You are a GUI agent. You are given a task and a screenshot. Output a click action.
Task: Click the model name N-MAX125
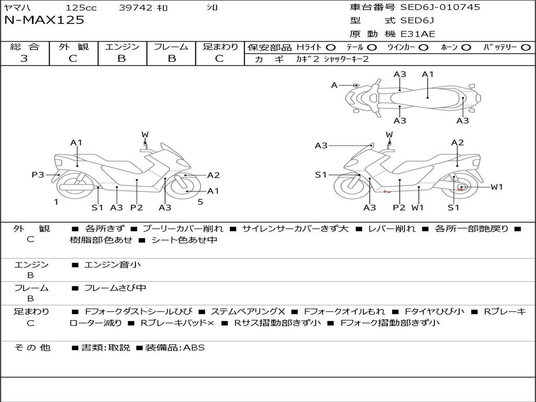point(44,20)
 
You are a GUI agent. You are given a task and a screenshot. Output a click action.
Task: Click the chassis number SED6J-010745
point(440,7)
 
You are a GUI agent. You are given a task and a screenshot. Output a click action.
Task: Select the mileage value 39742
point(136,8)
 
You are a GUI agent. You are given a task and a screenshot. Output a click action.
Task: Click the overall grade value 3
point(24,59)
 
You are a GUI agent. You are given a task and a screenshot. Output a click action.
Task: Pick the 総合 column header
point(25,47)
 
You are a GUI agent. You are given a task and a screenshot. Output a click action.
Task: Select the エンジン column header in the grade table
point(122,47)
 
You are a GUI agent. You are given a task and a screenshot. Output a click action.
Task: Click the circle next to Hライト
point(331,47)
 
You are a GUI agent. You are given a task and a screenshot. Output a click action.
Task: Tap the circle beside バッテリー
point(526,47)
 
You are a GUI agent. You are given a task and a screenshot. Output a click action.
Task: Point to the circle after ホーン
point(466,47)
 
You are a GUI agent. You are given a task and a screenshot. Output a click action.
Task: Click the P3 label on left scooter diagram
point(38,175)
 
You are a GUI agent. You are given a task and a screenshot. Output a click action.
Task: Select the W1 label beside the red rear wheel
point(496,187)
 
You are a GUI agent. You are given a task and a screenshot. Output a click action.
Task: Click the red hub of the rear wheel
point(461,187)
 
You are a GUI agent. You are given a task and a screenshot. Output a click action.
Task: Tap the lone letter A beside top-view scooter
point(334,85)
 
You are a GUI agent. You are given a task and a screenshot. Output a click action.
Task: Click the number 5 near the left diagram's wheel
point(200,202)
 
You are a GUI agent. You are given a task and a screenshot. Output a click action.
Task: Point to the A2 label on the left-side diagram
point(213,175)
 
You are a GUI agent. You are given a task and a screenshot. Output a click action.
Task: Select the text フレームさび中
point(115,288)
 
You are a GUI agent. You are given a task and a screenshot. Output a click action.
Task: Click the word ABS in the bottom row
point(194,348)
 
